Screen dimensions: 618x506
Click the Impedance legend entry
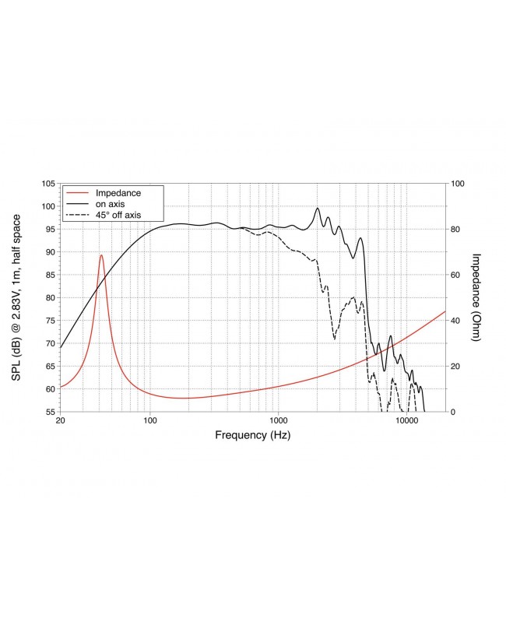click(x=117, y=192)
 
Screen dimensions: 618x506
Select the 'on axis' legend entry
click(x=111, y=204)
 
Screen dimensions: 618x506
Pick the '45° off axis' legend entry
click(x=118, y=215)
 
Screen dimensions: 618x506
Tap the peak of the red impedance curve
click(x=101, y=255)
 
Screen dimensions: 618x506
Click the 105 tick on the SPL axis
click(x=47, y=184)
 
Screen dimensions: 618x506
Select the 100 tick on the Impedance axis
click(x=459, y=184)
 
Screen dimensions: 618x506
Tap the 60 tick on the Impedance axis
click(x=456, y=275)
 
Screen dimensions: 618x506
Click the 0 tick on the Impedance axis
click(x=454, y=412)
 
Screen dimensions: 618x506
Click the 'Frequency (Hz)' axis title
click(x=252, y=436)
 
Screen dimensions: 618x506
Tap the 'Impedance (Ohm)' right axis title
click(x=477, y=297)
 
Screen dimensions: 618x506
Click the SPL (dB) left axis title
click(x=16, y=297)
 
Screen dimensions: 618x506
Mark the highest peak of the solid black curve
click(x=318, y=208)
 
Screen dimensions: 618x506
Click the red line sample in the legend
click(x=78, y=192)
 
